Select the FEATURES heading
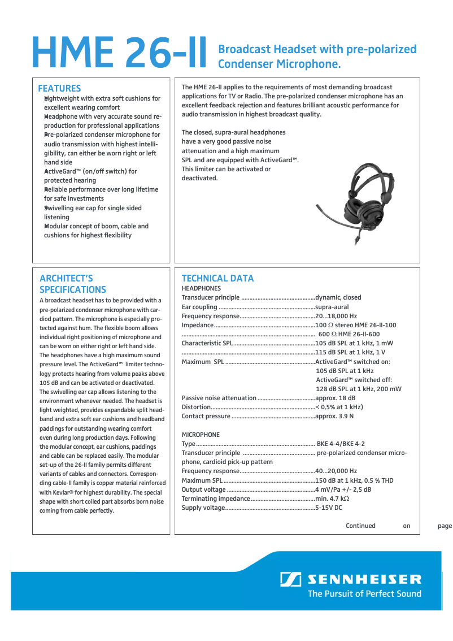click(59, 88)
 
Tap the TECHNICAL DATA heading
click(217, 278)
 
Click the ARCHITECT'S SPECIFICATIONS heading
click(72, 284)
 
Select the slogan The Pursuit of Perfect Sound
click(364, 594)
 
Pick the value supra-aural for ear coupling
click(332, 307)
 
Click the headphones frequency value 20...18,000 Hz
click(336, 316)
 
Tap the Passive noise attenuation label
click(219, 398)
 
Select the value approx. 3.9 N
click(334, 416)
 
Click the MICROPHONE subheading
click(201, 435)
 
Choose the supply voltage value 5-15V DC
click(329, 508)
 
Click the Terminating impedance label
click(216, 499)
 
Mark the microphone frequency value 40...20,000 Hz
click(336, 471)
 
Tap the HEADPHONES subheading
click(201, 288)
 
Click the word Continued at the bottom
click(360, 526)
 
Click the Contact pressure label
click(206, 416)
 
